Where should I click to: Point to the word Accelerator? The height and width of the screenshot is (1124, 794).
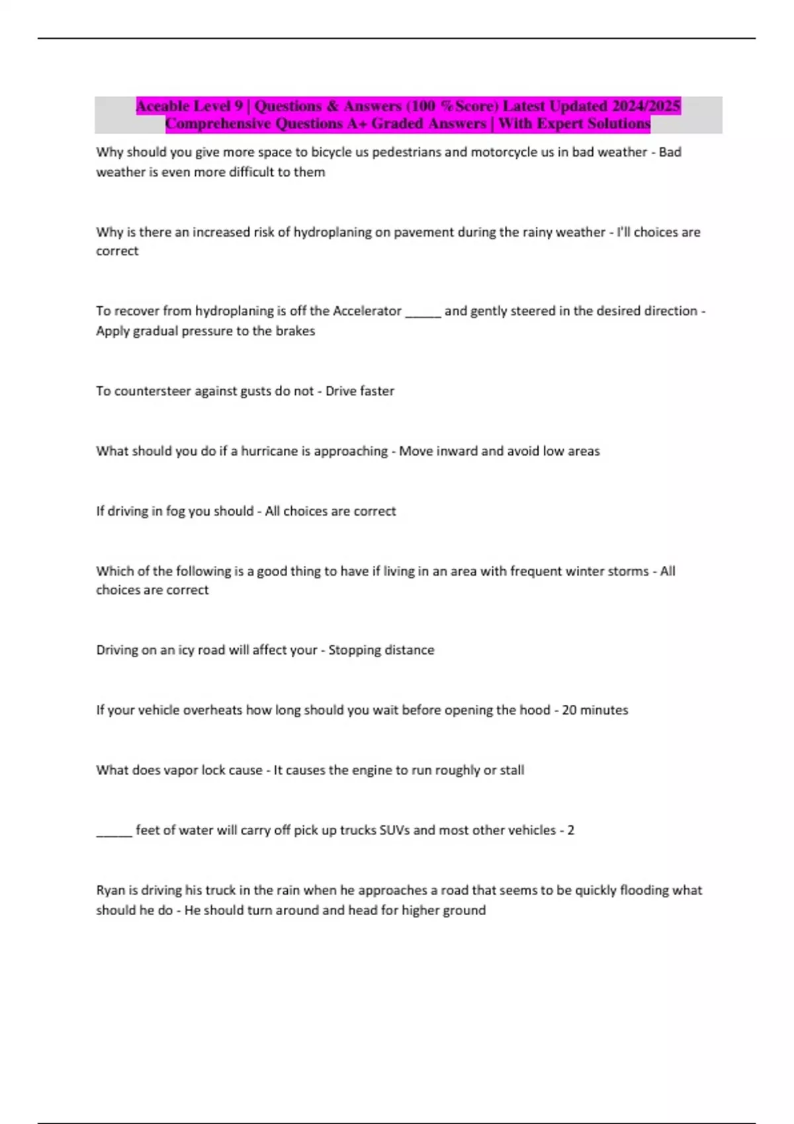coord(367,311)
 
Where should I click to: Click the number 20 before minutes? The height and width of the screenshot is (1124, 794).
coord(569,710)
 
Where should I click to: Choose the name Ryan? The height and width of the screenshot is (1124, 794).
coord(110,891)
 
